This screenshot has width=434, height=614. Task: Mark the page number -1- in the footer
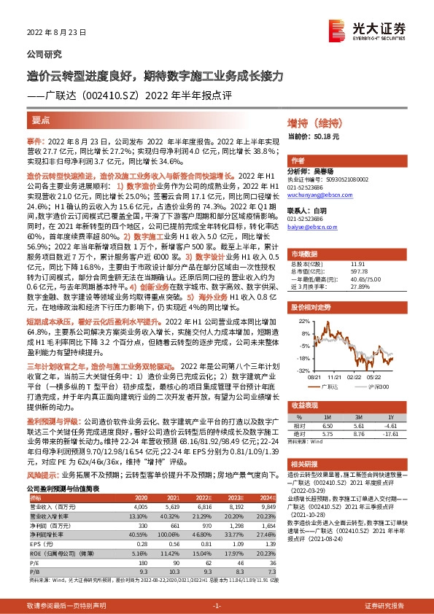[217, 605]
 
